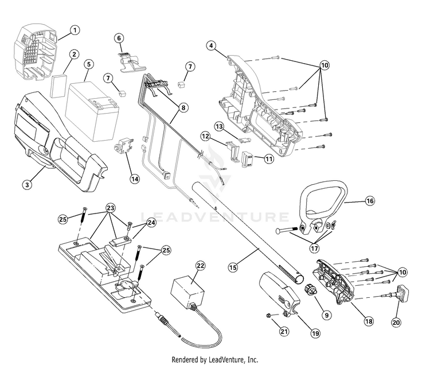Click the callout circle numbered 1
(x=75, y=30)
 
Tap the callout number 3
(x=26, y=185)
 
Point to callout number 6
(x=119, y=38)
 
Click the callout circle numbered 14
(x=134, y=178)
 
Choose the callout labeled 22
(x=200, y=265)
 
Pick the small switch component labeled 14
(x=123, y=146)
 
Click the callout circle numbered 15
(x=232, y=267)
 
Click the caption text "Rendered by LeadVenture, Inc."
(x=215, y=359)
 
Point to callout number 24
(x=152, y=222)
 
